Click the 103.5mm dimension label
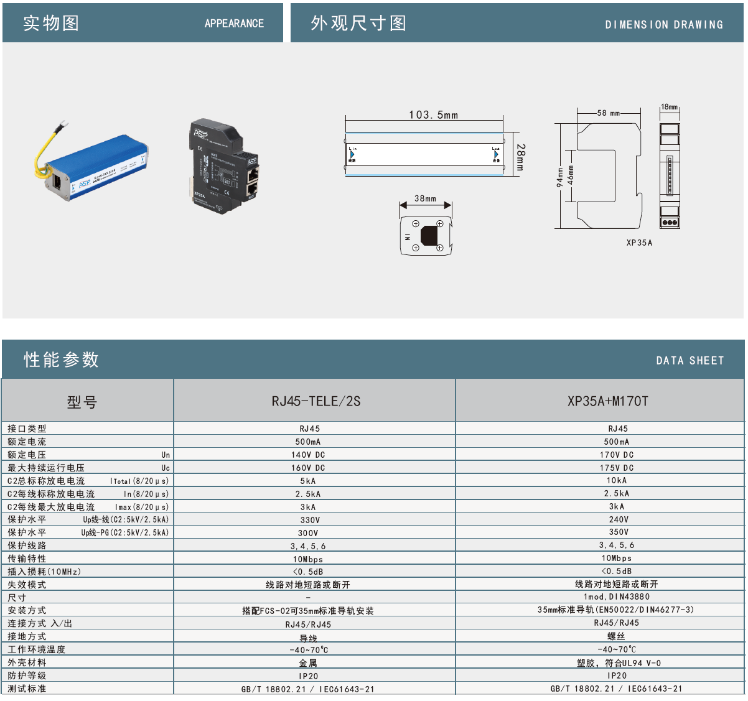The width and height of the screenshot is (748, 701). (x=433, y=115)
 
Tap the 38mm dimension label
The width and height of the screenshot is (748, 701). (x=425, y=199)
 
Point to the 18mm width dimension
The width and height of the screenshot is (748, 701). (x=670, y=107)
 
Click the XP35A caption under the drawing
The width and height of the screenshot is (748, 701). (x=639, y=243)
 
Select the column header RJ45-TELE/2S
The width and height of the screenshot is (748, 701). (x=316, y=401)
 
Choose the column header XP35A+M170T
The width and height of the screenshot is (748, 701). (x=607, y=401)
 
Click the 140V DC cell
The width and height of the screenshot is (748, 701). (x=308, y=455)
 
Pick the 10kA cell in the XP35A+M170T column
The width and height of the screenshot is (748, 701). (x=617, y=480)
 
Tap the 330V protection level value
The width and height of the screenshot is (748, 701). (x=310, y=520)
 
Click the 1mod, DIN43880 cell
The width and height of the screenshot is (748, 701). (x=616, y=597)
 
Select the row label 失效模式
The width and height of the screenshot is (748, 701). (x=27, y=585)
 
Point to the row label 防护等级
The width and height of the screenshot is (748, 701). (x=27, y=675)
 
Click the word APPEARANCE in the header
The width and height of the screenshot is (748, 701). (x=234, y=24)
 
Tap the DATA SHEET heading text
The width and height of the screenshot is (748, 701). (x=690, y=361)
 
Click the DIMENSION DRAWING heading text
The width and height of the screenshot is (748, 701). (x=664, y=25)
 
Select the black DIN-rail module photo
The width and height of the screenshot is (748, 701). (x=225, y=167)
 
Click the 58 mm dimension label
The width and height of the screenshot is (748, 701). (x=608, y=113)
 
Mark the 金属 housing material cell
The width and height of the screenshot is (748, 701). (x=308, y=663)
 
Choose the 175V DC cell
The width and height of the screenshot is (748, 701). (x=617, y=468)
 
